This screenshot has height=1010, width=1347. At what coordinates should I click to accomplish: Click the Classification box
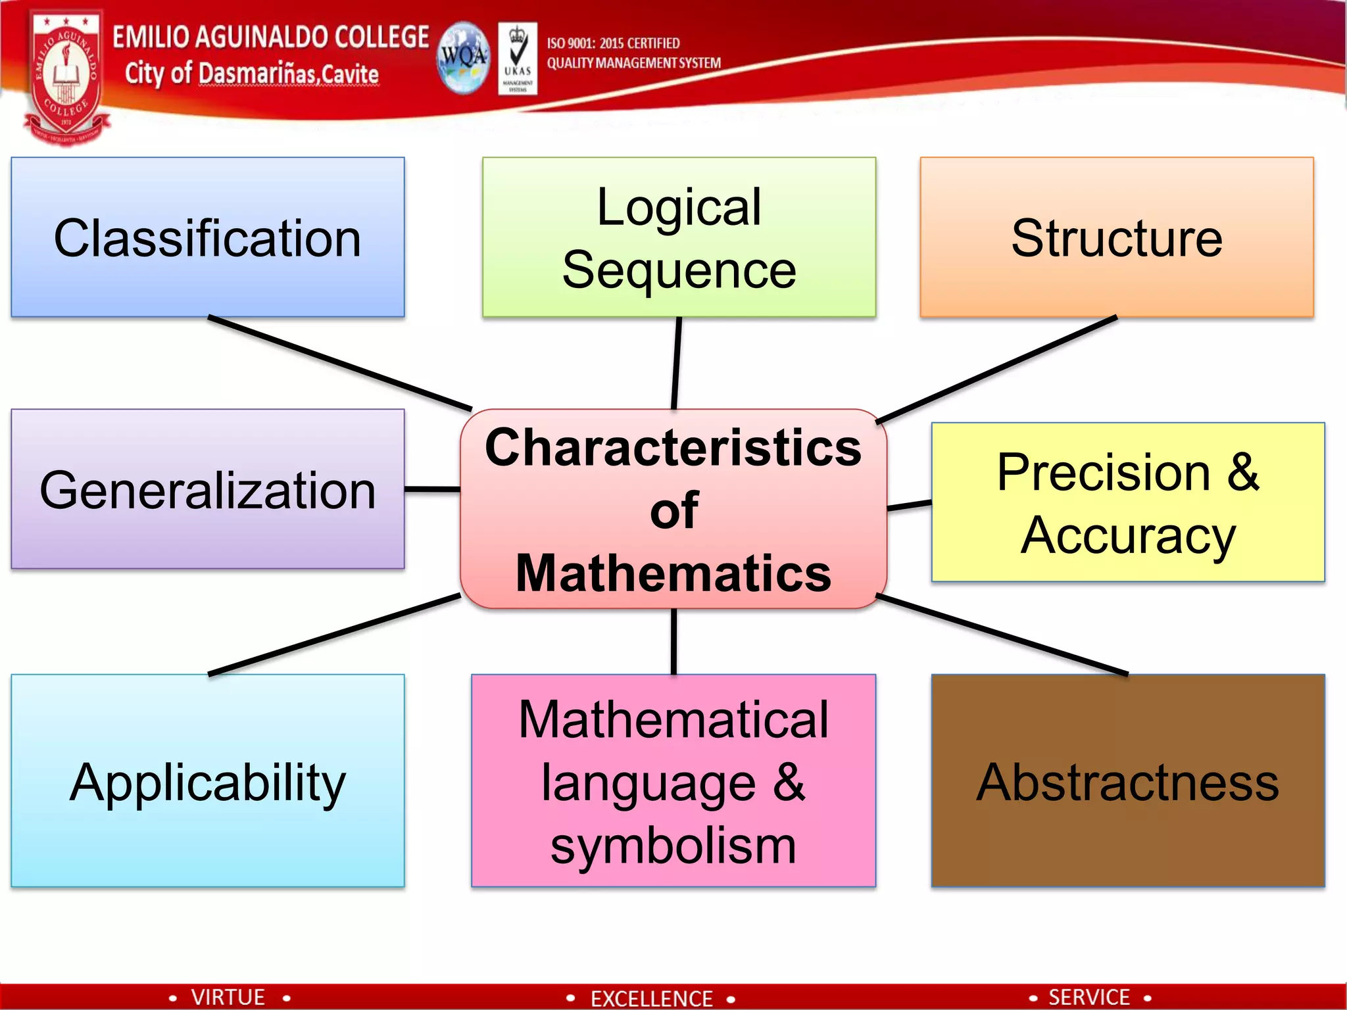(x=207, y=237)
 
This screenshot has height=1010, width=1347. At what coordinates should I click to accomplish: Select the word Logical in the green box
(x=679, y=207)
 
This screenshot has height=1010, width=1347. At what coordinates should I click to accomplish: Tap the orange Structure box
(x=1116, y=237)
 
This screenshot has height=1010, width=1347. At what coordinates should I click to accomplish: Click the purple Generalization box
(x=207, y=490)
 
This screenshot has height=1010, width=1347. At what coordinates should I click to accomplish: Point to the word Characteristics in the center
(x=673, y=448)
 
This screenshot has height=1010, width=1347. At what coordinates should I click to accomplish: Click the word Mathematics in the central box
(x=673, y=573)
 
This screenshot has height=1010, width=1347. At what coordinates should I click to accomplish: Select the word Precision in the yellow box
(x=1104, y=472)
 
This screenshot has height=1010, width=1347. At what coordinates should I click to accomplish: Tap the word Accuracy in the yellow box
(x=1128, y=536)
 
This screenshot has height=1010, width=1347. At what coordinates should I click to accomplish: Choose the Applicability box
(x=207, y=782)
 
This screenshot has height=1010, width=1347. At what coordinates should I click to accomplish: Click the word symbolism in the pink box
(x=673, y=846)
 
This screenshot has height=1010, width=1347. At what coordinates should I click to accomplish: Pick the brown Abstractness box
(x=1127, y=782)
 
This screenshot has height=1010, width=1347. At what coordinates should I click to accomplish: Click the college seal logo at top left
(x=65, y=78)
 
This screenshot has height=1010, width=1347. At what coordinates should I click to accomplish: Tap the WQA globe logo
(x=464, y=58)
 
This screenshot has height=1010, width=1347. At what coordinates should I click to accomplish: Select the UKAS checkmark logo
(x=518, y=58)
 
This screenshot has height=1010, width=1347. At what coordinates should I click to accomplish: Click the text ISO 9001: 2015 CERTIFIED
(x=613, y=43)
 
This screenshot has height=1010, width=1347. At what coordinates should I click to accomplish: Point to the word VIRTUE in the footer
(x=228, y=997)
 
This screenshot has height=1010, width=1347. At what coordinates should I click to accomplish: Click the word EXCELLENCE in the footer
(x=651, y=998)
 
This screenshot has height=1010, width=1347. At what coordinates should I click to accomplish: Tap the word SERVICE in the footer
(x=1089, y=997)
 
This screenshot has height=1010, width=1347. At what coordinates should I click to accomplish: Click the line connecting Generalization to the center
(x=432, y=489)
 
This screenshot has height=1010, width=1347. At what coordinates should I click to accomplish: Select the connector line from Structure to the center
(x=996, y=370)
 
